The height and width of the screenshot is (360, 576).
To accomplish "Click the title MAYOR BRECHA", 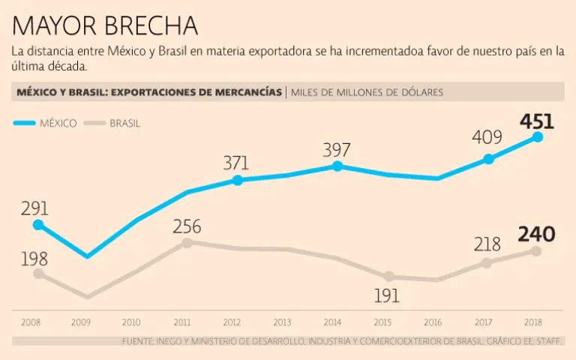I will tap(105, 25).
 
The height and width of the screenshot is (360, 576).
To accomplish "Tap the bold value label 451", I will tap(537, 121).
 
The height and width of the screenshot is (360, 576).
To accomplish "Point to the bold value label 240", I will tap(537, 234).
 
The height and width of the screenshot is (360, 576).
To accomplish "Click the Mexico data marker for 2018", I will tap(537, 136).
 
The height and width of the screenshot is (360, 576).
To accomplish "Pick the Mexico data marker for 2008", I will tap(38, 224).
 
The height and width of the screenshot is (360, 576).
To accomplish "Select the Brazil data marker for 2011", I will tap(187, 242).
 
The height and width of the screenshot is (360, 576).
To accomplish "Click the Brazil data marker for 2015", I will tap(388, 277).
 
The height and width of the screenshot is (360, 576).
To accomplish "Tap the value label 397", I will tap(337, 150).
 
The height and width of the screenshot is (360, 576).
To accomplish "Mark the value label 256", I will tap(187, 226).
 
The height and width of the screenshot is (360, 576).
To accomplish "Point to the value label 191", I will tap(388, 295).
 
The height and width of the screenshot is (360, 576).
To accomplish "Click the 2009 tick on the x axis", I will tap(81, 322).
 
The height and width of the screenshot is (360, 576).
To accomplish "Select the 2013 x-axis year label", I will tap(282, 322).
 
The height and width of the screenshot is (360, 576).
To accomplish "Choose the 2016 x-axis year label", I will tap(433, 322).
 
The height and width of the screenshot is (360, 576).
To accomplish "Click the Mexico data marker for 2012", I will tap(237, 180).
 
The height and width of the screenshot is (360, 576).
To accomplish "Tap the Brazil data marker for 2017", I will tap(487, 262).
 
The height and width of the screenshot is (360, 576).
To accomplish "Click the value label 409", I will tap(487, 139).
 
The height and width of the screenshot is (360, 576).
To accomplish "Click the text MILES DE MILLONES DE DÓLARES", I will tap(367, 92).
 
